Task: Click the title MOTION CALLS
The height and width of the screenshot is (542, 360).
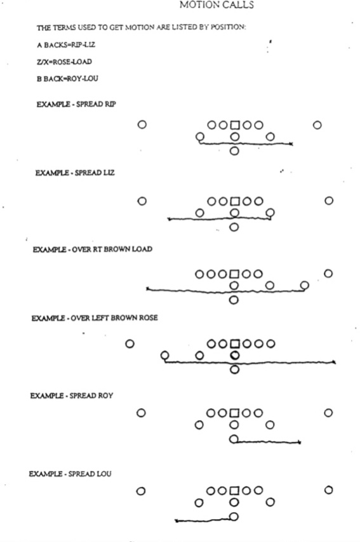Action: point(217,4)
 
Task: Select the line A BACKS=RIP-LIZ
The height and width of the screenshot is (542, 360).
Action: point(65,45)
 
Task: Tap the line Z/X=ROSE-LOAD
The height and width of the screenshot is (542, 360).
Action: point(64,62)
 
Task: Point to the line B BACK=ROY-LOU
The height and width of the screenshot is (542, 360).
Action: point(67,79)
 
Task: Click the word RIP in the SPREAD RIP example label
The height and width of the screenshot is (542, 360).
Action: point(110,104)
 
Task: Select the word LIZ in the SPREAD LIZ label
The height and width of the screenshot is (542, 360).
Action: point(109,173)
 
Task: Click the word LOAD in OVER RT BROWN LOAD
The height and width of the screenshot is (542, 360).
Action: point(142,249)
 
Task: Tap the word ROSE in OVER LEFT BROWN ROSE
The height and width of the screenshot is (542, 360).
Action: point(149,318)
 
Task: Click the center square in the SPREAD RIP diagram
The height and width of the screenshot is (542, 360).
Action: point(235,125)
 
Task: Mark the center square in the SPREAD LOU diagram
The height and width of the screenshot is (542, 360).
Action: point(234,491)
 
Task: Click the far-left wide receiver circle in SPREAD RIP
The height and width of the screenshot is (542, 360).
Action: point(142,124)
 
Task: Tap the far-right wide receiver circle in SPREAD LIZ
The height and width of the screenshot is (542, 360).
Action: point(329,201)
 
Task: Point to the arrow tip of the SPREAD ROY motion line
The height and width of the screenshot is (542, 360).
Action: point(300,442)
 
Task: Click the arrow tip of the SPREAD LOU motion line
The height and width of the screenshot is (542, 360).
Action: point(176,520)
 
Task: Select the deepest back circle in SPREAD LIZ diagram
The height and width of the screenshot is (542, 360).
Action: point(234,227)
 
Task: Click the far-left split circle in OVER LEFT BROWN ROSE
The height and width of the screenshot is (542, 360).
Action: point(130,344)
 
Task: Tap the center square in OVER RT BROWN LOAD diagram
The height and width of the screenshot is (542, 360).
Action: point(234,274)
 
